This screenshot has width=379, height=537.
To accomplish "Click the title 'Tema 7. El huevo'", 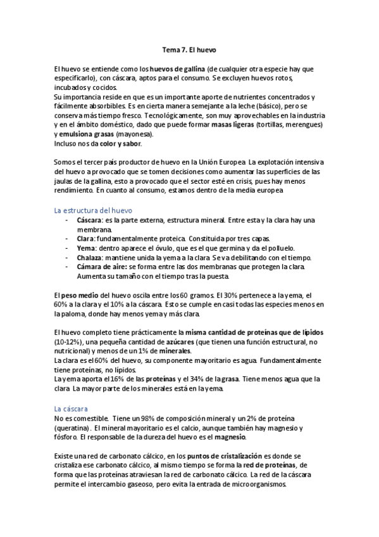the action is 189,48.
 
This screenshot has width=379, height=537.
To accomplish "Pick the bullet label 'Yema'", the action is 85,248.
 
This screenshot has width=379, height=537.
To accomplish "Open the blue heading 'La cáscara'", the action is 71,409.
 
